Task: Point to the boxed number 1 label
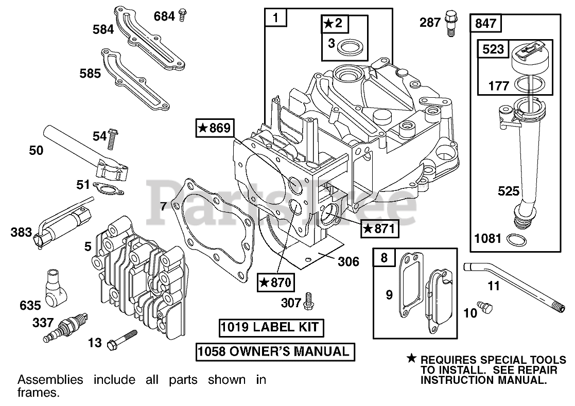pos(276,19)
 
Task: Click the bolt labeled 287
pos(451,22)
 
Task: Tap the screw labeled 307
pos(309,301)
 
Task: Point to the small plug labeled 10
pos(485,307)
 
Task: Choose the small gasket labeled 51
pos(110,190)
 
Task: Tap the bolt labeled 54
pos(113,137)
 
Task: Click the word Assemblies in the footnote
pos(50,380)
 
